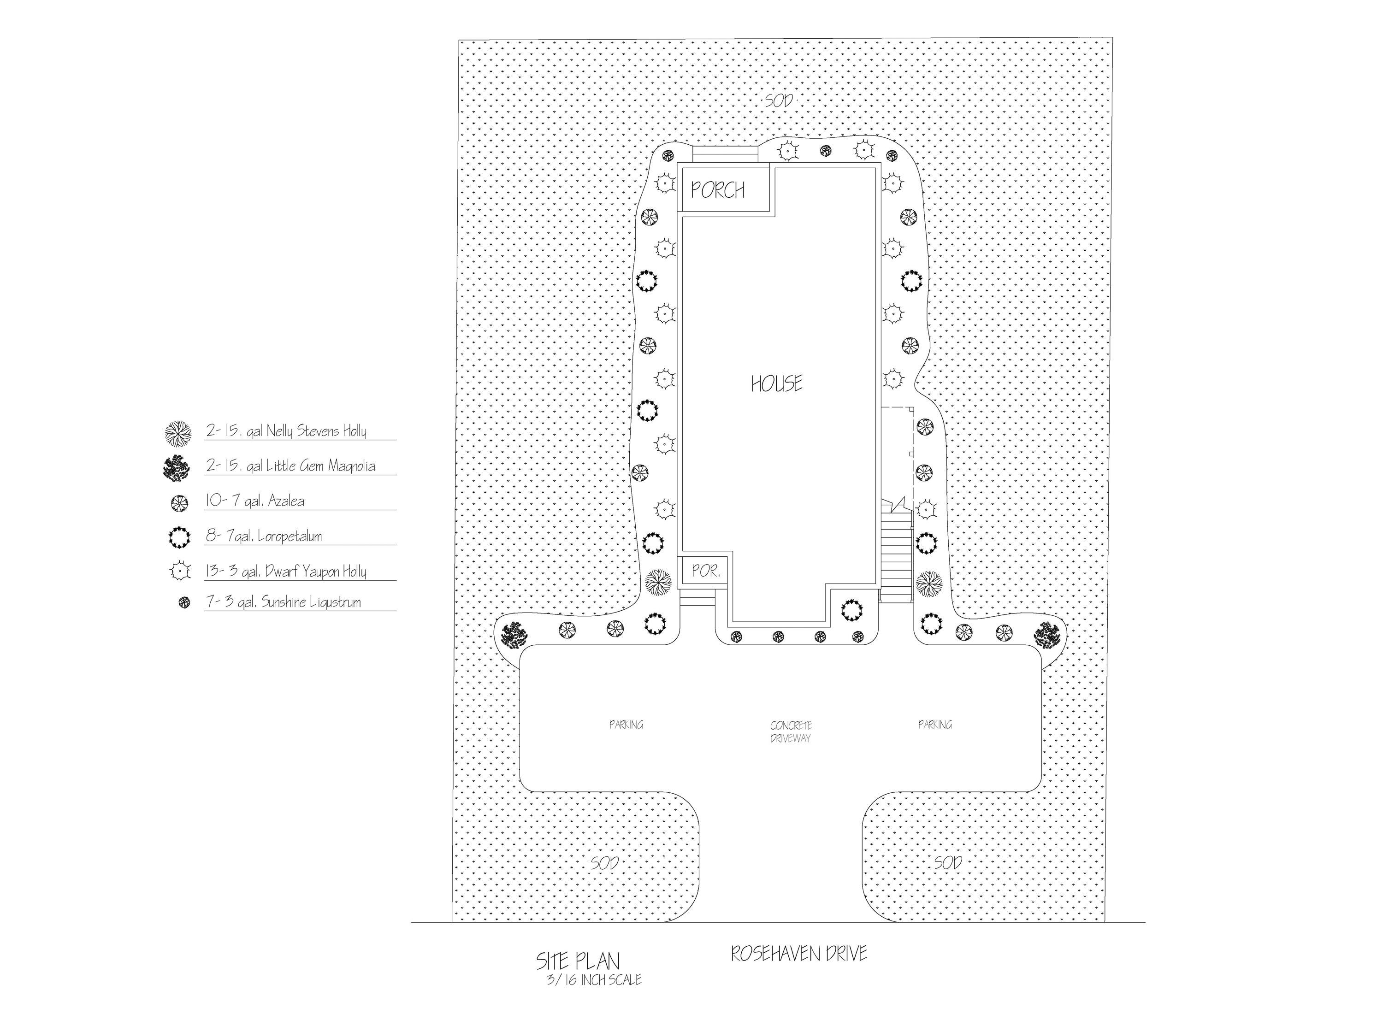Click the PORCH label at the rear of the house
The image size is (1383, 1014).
[718, 190]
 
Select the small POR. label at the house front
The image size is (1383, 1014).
[705, 571]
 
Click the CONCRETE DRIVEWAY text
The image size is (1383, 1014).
[791, 731]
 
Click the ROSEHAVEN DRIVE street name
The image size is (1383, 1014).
[798, 953]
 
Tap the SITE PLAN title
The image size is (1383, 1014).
[578, 961]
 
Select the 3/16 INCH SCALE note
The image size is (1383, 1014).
[593, 979]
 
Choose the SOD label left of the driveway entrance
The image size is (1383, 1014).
[605, 863]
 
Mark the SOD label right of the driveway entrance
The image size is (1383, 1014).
[948, 863]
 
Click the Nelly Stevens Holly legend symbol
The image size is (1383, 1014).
[178, 433]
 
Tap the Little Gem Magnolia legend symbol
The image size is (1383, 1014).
[177, 468]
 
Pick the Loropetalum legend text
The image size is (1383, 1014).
[264, 536]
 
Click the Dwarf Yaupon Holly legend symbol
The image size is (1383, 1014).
[178, 571]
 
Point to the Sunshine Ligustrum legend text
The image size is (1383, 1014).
[283, 602]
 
